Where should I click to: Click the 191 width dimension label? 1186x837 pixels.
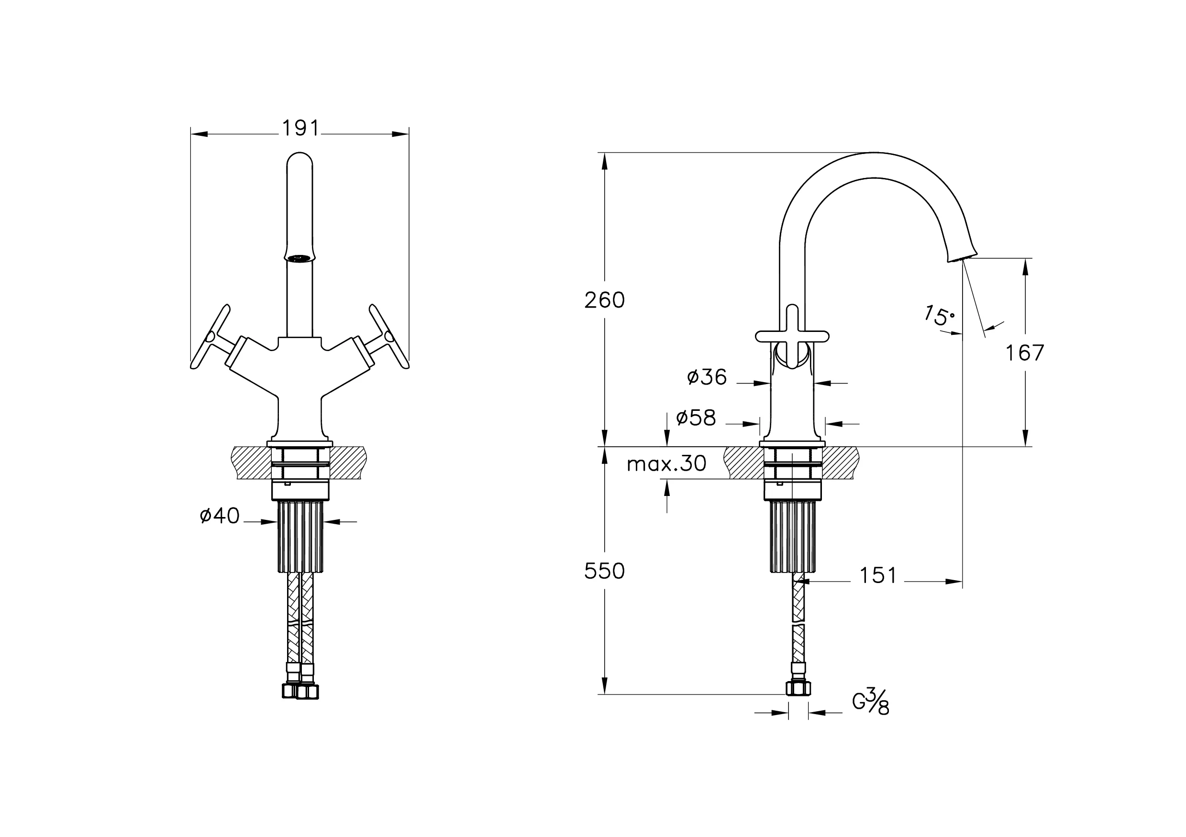click(300, 128)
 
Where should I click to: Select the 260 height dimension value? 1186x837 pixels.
click(604, 300)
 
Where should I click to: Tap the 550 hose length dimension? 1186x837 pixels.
click(604, 571)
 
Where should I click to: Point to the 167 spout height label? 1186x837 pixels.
click(1024, 353)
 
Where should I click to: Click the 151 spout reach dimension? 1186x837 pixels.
click(877, 575)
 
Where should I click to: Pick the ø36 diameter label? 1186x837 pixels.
click(707, 377)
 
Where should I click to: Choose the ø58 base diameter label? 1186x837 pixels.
click(696, 418)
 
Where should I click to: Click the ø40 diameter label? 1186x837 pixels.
click(220, 515)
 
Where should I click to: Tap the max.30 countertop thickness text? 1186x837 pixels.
click(666, 463)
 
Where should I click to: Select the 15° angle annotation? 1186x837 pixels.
click(939, 316)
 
